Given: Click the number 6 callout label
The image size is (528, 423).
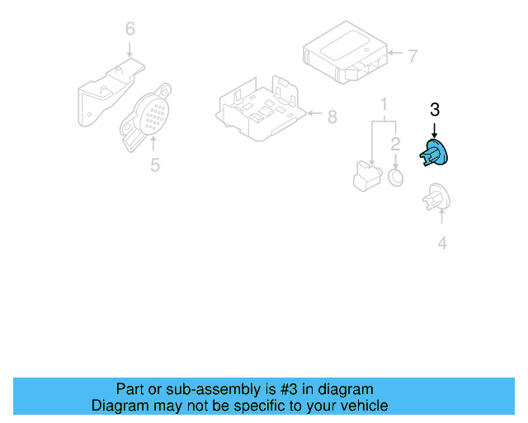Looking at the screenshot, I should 130,30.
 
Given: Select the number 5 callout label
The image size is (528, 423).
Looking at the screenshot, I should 154,165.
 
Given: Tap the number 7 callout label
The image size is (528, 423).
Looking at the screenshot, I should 413,56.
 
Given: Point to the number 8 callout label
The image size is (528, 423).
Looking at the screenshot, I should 332,117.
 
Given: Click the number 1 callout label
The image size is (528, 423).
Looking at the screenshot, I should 384,104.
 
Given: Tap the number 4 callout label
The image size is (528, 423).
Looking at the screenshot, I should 442,243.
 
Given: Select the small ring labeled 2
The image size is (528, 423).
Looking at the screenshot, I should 396,178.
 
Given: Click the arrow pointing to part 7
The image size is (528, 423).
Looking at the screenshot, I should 395,56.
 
